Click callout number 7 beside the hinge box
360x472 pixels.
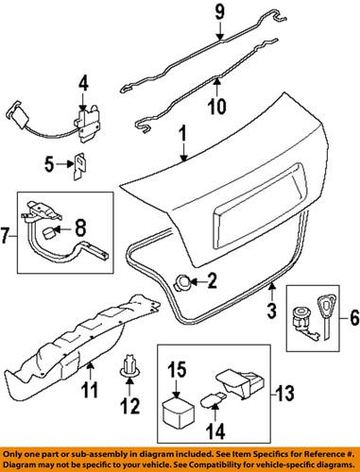pos(9,232)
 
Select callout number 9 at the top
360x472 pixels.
pos(219,14)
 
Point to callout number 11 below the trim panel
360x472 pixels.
pos(92,385)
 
